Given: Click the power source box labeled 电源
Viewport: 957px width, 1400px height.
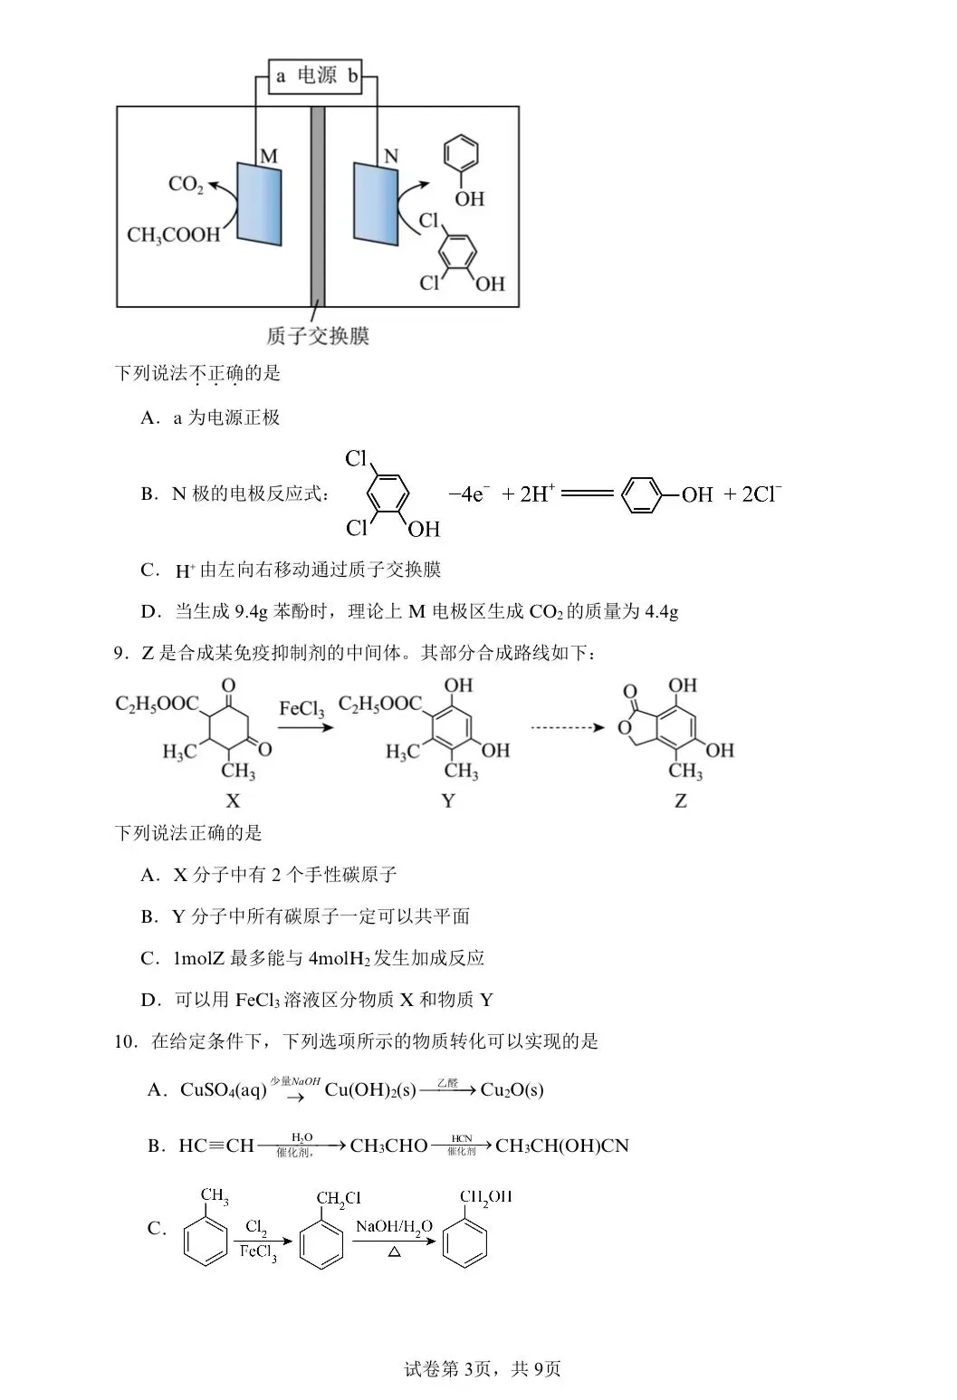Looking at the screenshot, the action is tap(316, 76).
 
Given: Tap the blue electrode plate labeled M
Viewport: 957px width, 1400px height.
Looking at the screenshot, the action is tap(259, 204).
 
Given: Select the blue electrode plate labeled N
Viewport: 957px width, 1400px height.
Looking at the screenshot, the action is tap(376, 204).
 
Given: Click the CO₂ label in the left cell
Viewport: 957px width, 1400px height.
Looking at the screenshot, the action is tap(186, 185).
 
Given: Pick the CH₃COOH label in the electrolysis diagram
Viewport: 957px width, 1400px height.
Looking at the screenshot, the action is tap(173, 235).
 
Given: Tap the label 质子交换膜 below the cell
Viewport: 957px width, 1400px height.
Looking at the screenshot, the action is tap(318, 336).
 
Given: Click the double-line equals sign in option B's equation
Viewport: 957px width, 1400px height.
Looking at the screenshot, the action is tap(588, 494).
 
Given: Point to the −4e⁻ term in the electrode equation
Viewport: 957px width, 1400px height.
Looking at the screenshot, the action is tap(469, 494).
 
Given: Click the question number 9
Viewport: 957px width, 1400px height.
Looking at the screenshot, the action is tap(119, 653).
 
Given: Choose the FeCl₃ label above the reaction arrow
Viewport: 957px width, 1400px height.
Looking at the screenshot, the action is tap(301, 708).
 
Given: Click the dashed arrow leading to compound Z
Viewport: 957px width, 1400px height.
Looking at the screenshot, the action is tap(567, 727).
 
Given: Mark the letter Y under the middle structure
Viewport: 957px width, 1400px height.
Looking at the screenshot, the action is tap(448, 801).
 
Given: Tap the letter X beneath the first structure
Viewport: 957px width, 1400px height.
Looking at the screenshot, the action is tap(233, 801).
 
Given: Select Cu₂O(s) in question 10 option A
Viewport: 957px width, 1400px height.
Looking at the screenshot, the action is tap(512, 1089).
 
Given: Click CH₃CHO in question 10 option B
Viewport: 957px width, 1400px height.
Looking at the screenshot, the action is tap(388, 1146).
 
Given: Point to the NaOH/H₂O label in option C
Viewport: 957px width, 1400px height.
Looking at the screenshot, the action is tap(394, 1226).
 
